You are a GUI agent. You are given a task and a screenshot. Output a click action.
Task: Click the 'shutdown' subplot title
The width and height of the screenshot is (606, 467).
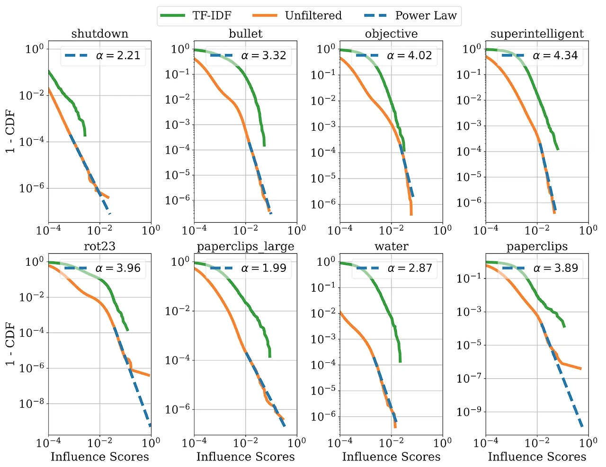pyautogui.click(x=99, y=34)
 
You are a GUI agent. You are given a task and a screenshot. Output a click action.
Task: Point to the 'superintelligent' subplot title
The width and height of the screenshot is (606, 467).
pyautogui.click(x=537, y=34)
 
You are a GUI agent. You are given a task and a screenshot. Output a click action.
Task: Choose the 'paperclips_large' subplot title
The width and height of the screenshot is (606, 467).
pyautogui.click(x=245, y=246)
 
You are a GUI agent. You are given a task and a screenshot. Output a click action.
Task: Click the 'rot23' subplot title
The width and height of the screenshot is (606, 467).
pyautogui.click(x=99, y=246)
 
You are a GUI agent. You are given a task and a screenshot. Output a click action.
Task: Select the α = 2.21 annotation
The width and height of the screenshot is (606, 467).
pyautogui.click(x=118, y=55)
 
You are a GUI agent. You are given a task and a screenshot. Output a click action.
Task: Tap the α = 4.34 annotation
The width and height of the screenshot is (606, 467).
pyautogui.click(x=555, y=55)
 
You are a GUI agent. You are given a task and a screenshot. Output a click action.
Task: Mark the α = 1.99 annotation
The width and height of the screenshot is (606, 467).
pyautogui.click(x=264, y=268)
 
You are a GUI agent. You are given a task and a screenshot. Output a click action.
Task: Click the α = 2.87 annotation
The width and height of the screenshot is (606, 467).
pyautogui.click(x=410, y=268)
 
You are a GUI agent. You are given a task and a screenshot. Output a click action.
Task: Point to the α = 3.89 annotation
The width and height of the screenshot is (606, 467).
pyautogui.click(x=555, y=268)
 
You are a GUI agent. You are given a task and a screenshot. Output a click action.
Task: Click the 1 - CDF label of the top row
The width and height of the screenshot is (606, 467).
pyautogui.click(x=10, y=131)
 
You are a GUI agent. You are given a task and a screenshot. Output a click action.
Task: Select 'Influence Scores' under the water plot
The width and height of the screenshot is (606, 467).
pyautogui.click(x=391, y=457)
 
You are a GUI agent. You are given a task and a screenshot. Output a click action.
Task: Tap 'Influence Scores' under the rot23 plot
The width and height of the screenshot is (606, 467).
pyautogui.click(x=99, y=457)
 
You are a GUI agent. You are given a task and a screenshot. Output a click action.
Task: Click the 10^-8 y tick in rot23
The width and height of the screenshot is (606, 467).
pyautogui.click(x=31, y=404)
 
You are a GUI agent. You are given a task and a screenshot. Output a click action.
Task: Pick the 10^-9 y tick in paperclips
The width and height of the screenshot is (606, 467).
pyautogui.click(x=469, y=412)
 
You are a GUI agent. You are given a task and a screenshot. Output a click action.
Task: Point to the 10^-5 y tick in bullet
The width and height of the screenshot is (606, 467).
pyautogui.click(x=177, y=175)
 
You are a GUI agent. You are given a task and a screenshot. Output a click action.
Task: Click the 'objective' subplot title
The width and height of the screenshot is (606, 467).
pyautogui.click(x=391, y=34)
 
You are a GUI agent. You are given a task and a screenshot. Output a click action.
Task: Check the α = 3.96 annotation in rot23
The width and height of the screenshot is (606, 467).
pyautogui.click(x=118, y=268)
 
